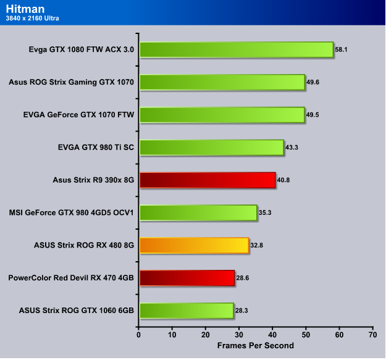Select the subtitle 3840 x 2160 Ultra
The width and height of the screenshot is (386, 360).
32,18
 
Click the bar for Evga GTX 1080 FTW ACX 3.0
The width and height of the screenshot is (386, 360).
236,49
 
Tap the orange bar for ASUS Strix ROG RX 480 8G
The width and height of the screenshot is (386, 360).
194,246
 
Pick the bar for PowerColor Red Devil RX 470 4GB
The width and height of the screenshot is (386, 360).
187,278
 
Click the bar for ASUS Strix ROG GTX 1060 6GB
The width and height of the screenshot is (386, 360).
186,311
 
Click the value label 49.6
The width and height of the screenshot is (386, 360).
314,82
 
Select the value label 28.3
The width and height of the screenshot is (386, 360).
243,311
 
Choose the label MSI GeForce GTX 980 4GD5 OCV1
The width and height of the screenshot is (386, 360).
72,213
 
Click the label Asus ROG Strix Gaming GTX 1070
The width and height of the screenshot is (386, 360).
72,82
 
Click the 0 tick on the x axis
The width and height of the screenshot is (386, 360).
139,334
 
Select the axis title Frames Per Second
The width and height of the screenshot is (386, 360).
255,345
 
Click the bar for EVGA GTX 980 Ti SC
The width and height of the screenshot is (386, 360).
211,148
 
